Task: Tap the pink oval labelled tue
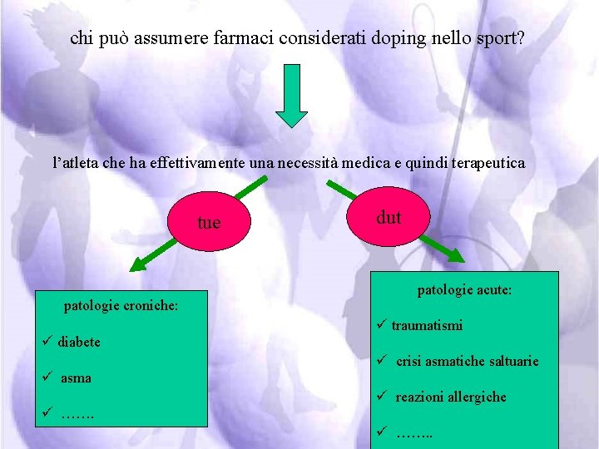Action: (x=209, y=222)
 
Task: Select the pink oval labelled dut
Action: (x=389, y=218)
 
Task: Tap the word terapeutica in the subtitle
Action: (x=487, y=163)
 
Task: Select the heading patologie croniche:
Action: (x=121, y=305)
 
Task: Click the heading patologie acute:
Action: (x=464, y=291)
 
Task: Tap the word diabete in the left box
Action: (x=79, y=342)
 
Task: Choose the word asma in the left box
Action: (x=76, y=377)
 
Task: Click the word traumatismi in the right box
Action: (x=427, y=326)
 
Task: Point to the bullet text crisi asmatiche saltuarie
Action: (x=467, y=361)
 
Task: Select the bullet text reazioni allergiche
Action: (x=450, y=397)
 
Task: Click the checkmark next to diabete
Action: (x=47, y=342)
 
